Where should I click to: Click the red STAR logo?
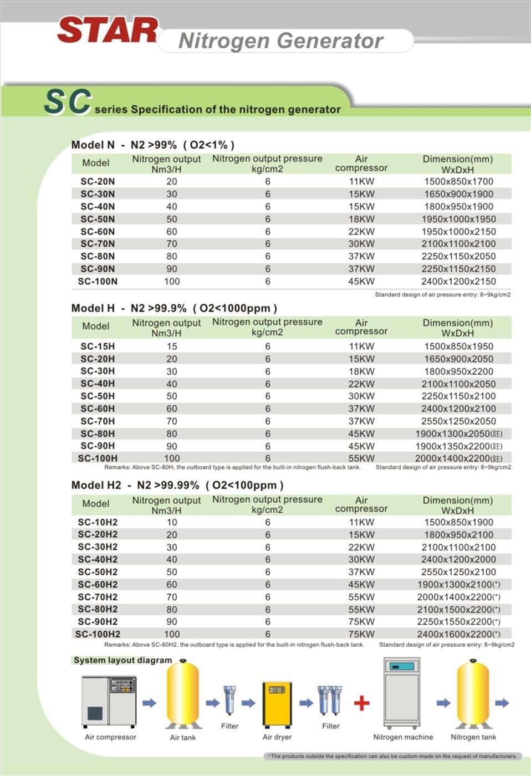(x=108, y=30)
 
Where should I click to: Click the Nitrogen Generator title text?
(x=280, y=40)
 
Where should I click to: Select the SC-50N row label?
(x=98, y=219)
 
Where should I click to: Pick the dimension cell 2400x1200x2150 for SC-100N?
(x=458, y=282)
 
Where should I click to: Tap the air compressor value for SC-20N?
(x=361, y=181)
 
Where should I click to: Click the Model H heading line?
(x=174, y=308)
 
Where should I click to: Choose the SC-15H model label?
(x=98, y=346)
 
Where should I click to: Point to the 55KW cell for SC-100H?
(x=361, y=458)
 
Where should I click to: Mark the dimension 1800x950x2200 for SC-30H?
(x=458, y=371)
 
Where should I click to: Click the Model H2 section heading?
(x=177, y=486)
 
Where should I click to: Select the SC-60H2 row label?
(x=98, y=584)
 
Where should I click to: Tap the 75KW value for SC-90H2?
(x=361, y=622)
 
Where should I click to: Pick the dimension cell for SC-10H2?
(x=458, y=522)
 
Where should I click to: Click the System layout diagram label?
(x=122, y=660)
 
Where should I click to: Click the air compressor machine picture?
(x=109, y=701)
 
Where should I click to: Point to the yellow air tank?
(x=183, y=694)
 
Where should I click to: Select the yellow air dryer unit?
(x=277, y=703)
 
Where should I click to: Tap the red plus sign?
(x=361, y=703)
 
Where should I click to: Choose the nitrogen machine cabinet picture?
(x=402, y=693)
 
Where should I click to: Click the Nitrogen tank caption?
(x=473, y=737)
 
